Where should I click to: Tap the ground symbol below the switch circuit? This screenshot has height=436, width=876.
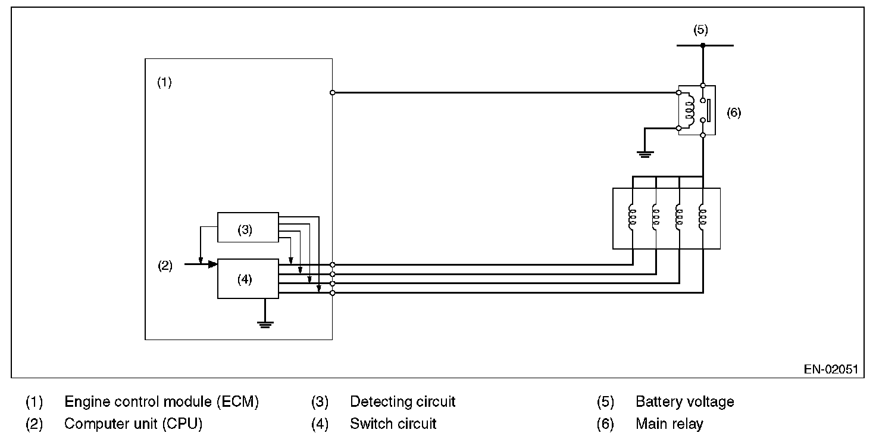[265, 324]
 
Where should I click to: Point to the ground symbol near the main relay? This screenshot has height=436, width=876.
[645, 154]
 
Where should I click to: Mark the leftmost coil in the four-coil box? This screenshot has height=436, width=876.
[632, 217]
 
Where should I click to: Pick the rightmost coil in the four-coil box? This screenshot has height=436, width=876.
[702, 217]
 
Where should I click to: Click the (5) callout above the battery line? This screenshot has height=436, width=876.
[700, 30]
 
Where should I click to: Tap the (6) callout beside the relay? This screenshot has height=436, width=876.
[734, 113]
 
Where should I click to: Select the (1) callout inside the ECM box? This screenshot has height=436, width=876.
[164, 82]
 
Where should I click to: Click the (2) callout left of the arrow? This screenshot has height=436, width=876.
[165, 266]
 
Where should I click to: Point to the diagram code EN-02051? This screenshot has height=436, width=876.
[831, 369]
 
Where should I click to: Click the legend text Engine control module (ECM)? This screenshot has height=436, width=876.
[161, 402]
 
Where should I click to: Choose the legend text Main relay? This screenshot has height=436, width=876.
[669, 424]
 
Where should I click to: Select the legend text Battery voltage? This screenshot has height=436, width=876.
[685, 402]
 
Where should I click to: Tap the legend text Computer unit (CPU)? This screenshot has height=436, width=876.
[133, 424]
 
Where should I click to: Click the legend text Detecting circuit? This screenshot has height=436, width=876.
[403, 402]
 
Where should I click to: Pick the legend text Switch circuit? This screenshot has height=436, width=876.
[393, 424]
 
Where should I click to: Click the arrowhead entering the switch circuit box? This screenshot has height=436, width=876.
[212, 264]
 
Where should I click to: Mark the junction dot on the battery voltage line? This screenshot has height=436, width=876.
[703, 45]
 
